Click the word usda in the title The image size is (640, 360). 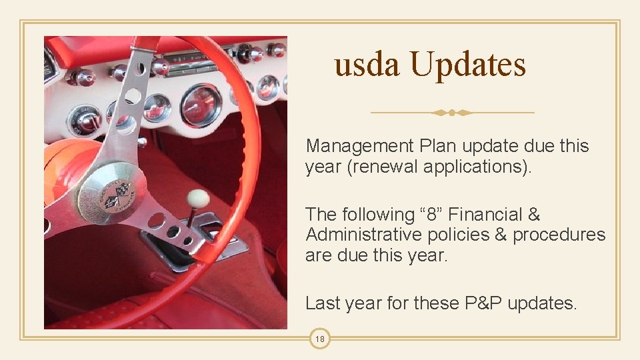[367, 65]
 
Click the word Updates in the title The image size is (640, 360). [467, 65]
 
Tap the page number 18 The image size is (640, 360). [320, 339]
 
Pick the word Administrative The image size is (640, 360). [363, 235]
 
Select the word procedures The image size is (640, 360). [559, 235]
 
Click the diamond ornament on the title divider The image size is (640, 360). [452, 113]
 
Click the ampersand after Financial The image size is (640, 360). [533, 215]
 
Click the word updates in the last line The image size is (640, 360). [541, 303]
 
